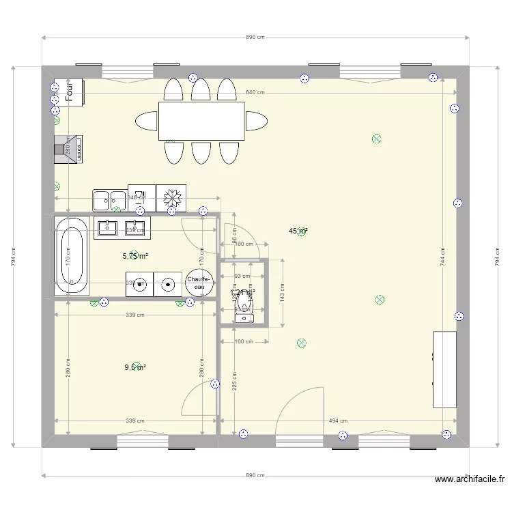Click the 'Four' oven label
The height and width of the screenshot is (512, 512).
point(69,92)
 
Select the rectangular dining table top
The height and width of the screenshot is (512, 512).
point(201,120)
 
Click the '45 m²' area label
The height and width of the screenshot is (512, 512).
point(298,231)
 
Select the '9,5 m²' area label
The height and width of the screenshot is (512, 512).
point(134,367)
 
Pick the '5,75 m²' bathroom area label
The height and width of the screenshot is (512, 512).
point(135,257)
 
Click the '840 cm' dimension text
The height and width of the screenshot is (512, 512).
point(255,93)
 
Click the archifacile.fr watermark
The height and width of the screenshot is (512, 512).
point(471,480)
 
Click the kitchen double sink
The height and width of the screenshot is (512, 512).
point(109,200)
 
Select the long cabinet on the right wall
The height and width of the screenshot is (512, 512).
point(444,369)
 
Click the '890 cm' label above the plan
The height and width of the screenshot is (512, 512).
point(255,38)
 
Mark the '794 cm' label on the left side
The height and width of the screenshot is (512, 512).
point(12,256)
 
